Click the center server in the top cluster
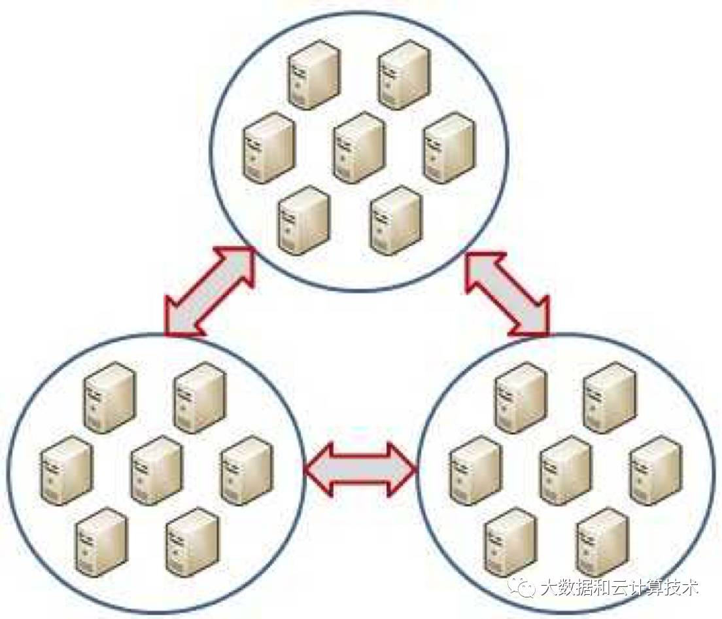pos(358,147)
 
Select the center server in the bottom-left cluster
pos(156,470)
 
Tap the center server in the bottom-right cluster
pos(566,470)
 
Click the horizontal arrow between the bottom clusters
pos(360,469)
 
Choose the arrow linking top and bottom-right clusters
pos(507,291)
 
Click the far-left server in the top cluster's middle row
pos(269,147)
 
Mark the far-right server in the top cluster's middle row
pos(448,147)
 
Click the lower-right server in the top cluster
pos(395,219)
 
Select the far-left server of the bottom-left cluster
pos(66,470)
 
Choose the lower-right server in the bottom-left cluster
pos(192,542)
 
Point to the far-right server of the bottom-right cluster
pos(655,470)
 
